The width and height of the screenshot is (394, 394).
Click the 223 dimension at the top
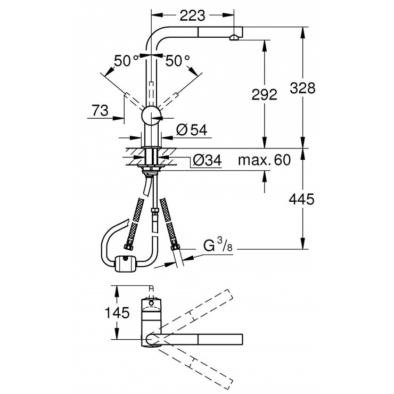[192, 17]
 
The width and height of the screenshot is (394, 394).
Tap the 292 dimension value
[265, 94]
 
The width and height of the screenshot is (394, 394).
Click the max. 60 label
[264, 160]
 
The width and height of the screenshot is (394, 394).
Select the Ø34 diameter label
[204, 160]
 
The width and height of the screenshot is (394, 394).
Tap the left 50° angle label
[126, 61]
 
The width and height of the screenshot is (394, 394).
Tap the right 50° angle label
[177, 61]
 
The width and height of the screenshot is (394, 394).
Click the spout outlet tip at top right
[233, 37]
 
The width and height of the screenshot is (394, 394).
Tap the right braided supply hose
[170, 224]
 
